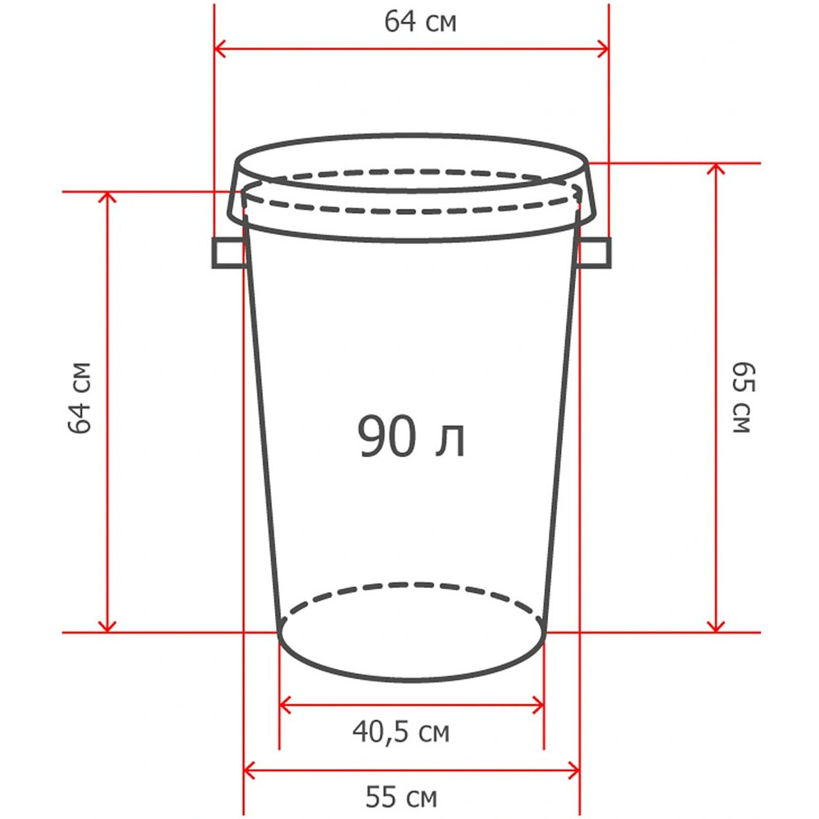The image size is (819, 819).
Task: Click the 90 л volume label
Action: (411, 437)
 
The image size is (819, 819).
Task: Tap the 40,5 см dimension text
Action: (400, 731)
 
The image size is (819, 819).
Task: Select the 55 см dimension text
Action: (401, 797)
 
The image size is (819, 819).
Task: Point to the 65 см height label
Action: (742, 397)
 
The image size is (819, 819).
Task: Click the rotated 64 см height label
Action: (79, 397)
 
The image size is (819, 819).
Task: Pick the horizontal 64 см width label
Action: (420, 22)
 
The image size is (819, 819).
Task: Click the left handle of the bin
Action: (229, 253)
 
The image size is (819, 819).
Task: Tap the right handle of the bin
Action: (593, 253)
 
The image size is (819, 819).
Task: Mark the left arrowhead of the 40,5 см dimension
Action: (284, 705)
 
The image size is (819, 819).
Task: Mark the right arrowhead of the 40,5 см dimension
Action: (539, 705)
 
